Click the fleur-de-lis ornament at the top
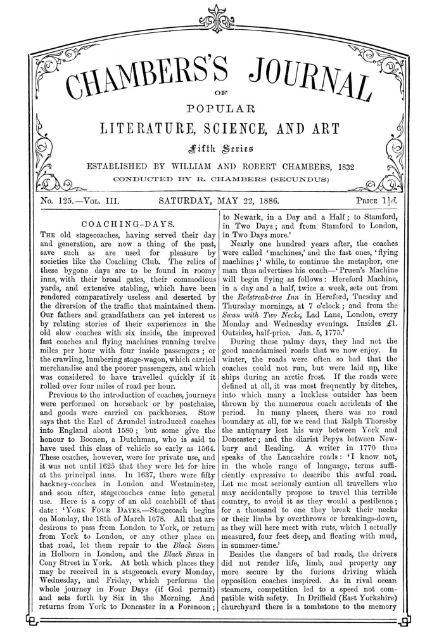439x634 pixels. pyautogui.click(x=219, y=17)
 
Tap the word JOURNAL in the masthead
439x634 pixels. pyautogui.click(x=310, y=76)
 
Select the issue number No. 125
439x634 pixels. pyautogui.click(x=58, y=202)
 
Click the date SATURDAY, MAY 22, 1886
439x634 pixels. pyautogui.click(x=219, y=202)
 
